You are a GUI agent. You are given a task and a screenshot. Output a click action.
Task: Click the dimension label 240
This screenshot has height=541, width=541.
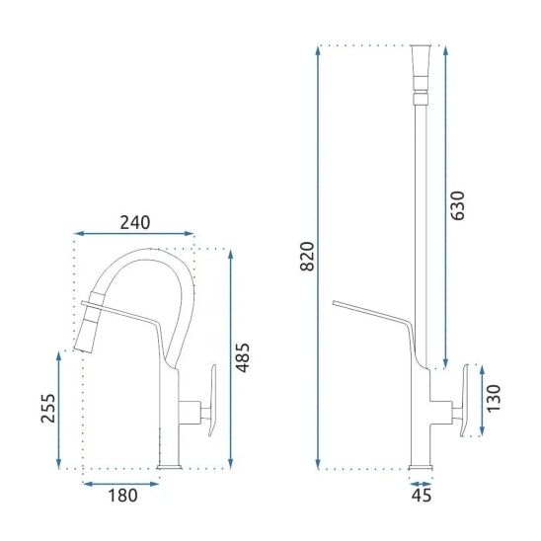click(135, 222)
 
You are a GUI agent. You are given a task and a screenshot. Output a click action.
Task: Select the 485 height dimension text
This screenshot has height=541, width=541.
click(243, 357)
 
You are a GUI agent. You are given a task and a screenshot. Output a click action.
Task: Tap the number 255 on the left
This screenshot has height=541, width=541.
click(48, 408)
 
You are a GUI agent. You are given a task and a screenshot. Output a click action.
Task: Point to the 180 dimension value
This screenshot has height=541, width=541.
click(122, 496)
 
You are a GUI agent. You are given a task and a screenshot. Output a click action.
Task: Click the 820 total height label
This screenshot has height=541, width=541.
click(307, 257)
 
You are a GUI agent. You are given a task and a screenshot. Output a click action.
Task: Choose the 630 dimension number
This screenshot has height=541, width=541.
click(458, 205)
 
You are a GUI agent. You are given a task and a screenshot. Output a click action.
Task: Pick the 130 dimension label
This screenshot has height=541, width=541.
click(494, 398)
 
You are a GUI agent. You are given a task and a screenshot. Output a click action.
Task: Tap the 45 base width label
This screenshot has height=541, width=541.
click(422, 496)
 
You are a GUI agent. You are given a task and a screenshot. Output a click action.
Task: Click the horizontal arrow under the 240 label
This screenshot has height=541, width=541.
click(134, 234)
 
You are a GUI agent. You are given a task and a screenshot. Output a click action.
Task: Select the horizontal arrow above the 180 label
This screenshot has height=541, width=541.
click(121, 484)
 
